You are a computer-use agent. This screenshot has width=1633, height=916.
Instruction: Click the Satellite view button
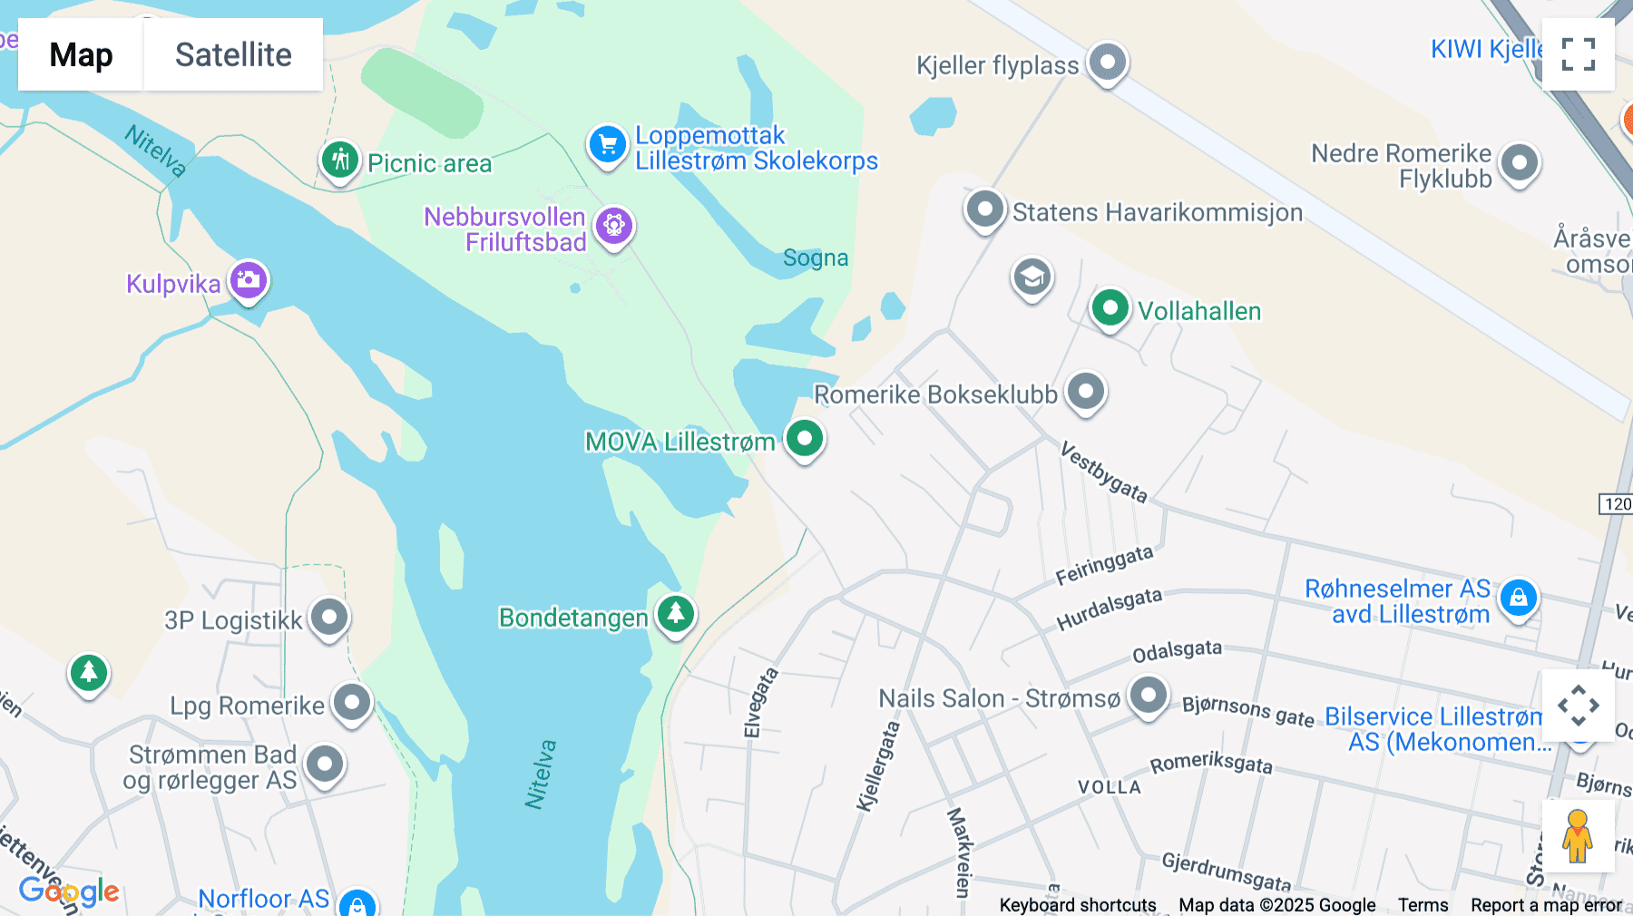pyautogui.click(x=233, y=54)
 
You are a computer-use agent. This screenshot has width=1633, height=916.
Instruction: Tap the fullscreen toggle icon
pyautogui.click(x=1578, y=54)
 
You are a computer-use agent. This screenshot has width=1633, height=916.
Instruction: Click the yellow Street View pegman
pyautogui.click(x=1577, y=835)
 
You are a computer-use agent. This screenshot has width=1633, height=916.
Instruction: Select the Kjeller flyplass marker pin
pyautogui.click(x=1107, y=63)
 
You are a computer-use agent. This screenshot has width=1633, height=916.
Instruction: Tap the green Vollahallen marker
pyautogui.click(x=1110, y=308)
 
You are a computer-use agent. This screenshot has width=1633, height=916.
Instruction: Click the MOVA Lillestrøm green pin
pyautogui.click(x=804, y=439)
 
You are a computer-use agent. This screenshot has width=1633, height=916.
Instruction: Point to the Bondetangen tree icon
pyautogui.click(x=675, y=614)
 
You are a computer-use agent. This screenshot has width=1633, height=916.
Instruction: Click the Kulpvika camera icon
pyautogui.click(x=248, y=280)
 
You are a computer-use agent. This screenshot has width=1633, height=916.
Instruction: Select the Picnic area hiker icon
pyautogui.click(x=339, y=161)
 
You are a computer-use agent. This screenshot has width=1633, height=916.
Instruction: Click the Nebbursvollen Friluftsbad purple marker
pyautogui.click(x=614, y=225)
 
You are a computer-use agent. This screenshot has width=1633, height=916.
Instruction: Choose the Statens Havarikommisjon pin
pyautogui.click(x=984, y=210)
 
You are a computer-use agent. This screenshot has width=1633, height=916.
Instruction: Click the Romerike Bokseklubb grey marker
pyautogui.click(x=1085, y=392)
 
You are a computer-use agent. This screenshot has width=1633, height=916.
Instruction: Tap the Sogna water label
pyautogui.click(x=816, y=258)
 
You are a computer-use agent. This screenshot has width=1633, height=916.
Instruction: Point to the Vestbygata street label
pyautogui.click(x=1103, y=473)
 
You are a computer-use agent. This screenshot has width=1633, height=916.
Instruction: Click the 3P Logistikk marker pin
pyautogui.click(x=329, y=618)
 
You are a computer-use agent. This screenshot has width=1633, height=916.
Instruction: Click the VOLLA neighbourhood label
pyautogui.click(x=1109, y=787)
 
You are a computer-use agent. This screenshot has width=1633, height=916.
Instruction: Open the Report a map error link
pyautogui.click(x=1546, y=905)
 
